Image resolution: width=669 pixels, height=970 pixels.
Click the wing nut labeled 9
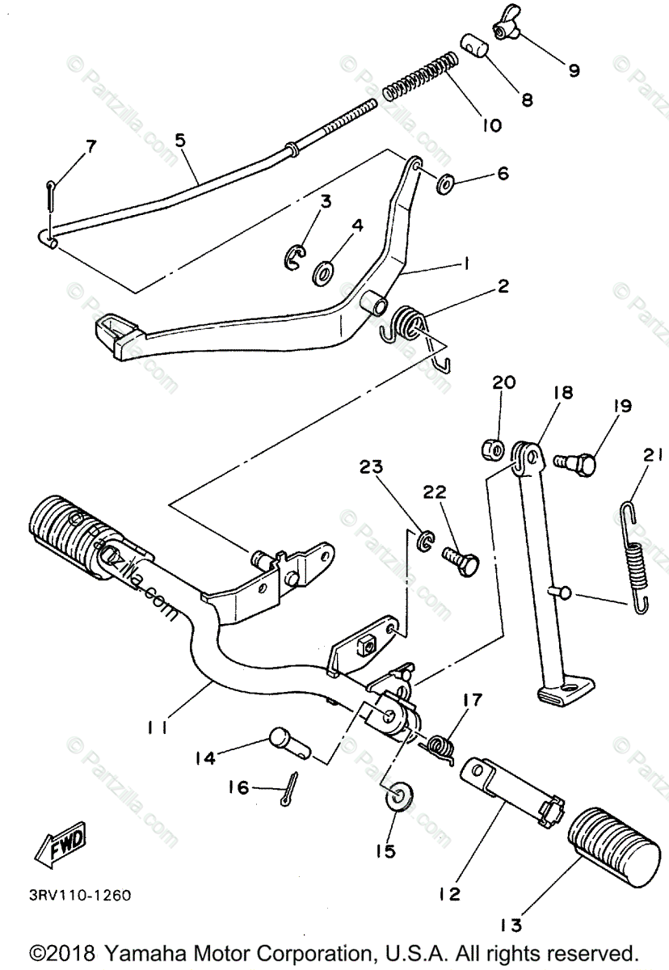(x=510, y=30)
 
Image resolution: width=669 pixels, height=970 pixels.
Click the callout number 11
(x=158, y=727)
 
